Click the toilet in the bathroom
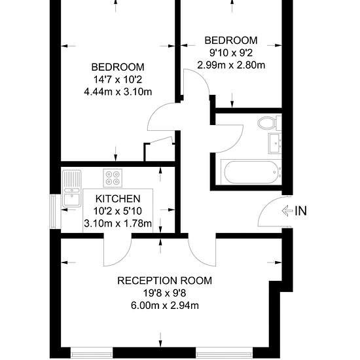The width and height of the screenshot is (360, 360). point(269,123)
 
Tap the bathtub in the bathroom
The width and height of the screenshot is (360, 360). point(251,172)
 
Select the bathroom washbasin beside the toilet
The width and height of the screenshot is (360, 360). point(275,143)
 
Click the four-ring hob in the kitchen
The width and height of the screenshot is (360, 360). point(113,178)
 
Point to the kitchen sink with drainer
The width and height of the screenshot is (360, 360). point(71,189)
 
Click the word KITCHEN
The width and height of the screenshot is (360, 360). point(118,199)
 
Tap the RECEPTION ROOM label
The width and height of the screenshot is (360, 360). point(164,281)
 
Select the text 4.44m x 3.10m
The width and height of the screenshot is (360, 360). point(118,92)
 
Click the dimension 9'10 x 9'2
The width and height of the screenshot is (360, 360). point(231,53)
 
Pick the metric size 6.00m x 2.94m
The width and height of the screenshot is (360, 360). point(164,306)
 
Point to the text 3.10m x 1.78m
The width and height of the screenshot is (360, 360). point(118,223)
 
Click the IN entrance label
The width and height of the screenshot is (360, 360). point(301,211)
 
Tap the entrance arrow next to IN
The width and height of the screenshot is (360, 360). point(287,211)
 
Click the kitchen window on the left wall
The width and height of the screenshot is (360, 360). point(52,211)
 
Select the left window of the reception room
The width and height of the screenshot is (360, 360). point(92,355)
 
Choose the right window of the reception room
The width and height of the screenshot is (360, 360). point(225,355)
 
